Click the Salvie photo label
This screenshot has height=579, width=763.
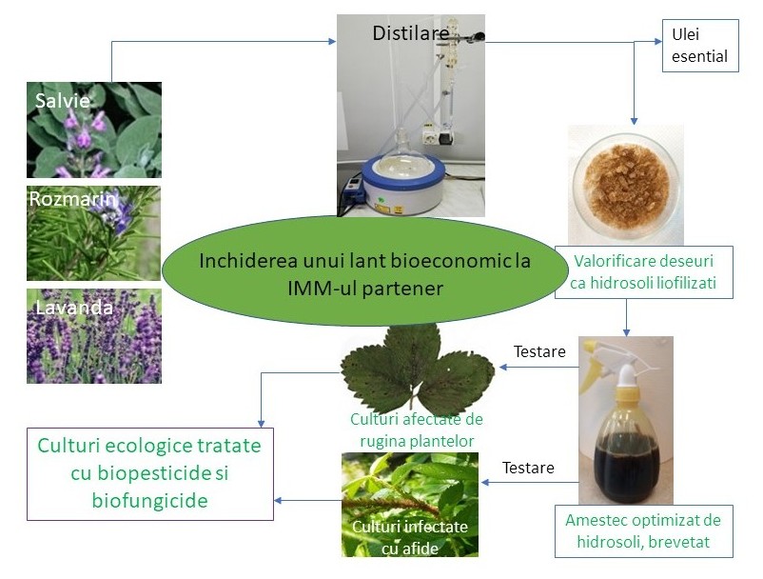click(58, 99)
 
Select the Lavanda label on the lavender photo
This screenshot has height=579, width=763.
click(73, 307)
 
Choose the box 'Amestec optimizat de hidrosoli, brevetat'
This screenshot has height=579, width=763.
click(643, 531)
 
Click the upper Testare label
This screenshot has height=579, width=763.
click(539, 351)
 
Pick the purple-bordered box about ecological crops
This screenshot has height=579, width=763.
click(149, 472)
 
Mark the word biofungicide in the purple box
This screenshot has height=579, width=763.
click(149, 501)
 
